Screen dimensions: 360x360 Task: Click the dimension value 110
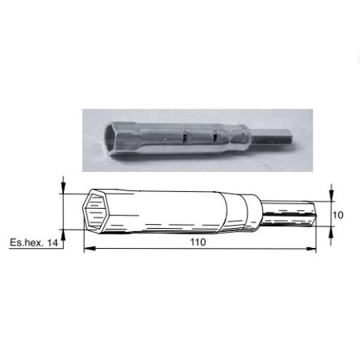coord(198,242)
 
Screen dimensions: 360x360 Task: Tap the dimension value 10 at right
coord(338,215)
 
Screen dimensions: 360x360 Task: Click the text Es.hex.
coord(26,243)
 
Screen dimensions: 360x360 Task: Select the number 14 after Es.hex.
coord(52,243)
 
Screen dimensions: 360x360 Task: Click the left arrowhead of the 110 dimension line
coord(90,249)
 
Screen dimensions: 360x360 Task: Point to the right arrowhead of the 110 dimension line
coord(311,249)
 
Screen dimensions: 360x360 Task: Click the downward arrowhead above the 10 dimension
coord(331,196)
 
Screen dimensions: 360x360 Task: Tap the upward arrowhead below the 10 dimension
coord(331,232)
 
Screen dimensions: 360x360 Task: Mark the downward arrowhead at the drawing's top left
coord(63,188)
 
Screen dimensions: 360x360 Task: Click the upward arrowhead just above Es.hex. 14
coord(63,235)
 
